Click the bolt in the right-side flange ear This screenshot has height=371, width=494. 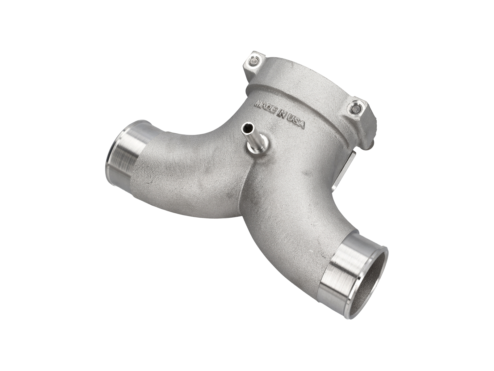[x=356, y=109]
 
